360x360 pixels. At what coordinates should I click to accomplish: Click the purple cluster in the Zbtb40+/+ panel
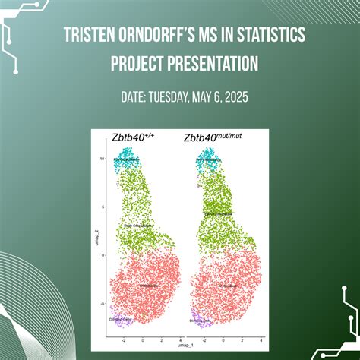(x=122, y=320)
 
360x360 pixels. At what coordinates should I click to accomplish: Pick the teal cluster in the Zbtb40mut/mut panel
(x=206, y=159)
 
